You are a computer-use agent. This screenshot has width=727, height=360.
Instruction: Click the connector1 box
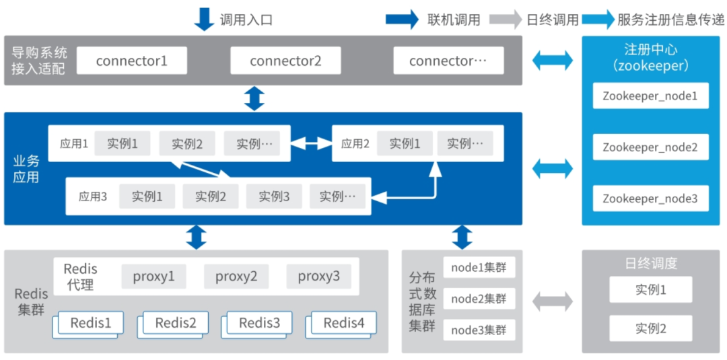pyautogui.click(x=131, y=61)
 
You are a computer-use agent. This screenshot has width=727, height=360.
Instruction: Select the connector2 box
pyautogui.click(x=285, y=61)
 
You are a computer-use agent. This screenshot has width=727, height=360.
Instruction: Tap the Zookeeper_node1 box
pyautogui.click(x=650, y=96)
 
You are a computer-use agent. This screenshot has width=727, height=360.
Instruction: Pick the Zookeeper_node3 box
pyautogui.click(x=650, y=199)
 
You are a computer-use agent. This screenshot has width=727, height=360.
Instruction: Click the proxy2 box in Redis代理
pyautogui.click(x=236, y=276)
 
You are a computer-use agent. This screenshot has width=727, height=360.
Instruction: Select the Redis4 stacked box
pyautogui.click(x=344, y=323)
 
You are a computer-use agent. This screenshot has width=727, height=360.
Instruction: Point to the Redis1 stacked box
pyautogui.click(x=91, y=323)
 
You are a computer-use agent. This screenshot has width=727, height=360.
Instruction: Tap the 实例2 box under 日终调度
pyautogui.click(x=651, y=328)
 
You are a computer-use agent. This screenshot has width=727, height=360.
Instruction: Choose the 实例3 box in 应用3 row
pyautogui.click(x=273, y=196)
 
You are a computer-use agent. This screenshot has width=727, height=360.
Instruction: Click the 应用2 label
pyautogui.click(x=355, y=143)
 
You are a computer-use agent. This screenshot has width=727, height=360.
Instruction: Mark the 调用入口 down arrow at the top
pyautogui.click(x=204, y=18)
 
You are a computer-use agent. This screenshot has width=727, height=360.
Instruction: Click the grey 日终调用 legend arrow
pyautogui.click(x=506, y=20)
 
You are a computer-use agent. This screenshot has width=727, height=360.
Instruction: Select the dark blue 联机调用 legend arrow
pyautogui.click(x=403, y=20)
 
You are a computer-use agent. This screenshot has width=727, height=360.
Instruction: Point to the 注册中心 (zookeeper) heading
pyautogui.click(x=650, y=57)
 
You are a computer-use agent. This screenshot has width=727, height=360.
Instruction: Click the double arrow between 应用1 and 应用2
pyautogui.click(x=311, y=143)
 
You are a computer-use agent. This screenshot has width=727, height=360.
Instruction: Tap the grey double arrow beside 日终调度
pyautogui.click(x=553, y=301)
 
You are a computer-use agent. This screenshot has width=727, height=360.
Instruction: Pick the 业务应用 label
pyautogui.click(x=26, y=168)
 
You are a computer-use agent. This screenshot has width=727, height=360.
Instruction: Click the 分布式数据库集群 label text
pyautogui.click(x=421, y=301)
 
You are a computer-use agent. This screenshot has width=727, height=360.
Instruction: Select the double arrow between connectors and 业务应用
pyautogui.click(x=254, y=98)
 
